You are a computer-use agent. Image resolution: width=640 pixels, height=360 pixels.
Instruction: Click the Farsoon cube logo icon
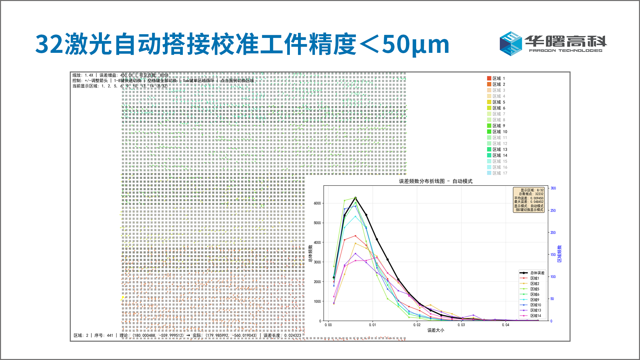pyautogui.click(x=511, y=44)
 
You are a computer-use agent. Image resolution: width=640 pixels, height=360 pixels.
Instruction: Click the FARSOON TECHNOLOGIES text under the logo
pyautogui.click(x=566, y=51)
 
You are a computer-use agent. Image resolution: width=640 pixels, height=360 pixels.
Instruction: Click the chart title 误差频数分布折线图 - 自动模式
pyautogui.click(x=435, y=181)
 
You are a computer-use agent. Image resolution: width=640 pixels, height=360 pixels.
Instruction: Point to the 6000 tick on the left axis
pyautogui.click(x=317, y=203)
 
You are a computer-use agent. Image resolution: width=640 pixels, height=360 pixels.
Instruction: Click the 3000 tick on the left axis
pyautogui.click(x=317, y=262)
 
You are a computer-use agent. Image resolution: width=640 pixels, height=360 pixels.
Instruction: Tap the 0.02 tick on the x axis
pyautogui.click(x=417, y=325)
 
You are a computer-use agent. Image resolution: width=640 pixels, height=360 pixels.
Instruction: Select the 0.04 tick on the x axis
pyautogui.click(x=506, y=325)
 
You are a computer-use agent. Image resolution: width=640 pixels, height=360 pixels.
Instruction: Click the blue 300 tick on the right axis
pyautogui.click(x=553, y=188)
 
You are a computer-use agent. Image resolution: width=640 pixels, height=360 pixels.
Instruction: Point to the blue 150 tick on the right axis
pyautogui.click(x=553, y=255)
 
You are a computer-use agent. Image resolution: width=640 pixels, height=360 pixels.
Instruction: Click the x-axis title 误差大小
pyautogui.click(x=435, y=330)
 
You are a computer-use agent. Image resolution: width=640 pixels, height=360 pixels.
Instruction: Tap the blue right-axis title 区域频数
pyautogui.click(x=559, y=254)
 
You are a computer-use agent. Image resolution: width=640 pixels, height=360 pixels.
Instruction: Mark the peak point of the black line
pyautogui.click(x=355, y=198)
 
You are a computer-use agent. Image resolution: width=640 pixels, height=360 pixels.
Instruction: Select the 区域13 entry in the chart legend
pyautogui.click(x=535, y=310)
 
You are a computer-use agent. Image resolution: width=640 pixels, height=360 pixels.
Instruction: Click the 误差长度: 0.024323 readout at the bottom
pyautogui.click(x=282, y=336)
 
